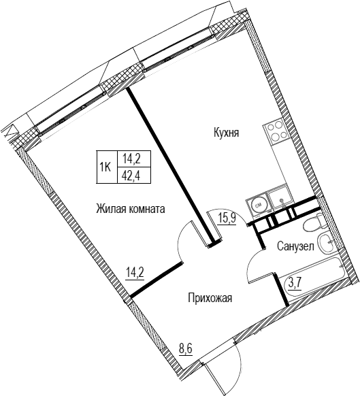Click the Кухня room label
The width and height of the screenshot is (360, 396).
point(226,133)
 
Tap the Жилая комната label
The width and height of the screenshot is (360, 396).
point(131,209)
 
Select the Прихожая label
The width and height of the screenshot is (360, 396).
point(210,299)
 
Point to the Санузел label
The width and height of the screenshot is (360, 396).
point(295,246)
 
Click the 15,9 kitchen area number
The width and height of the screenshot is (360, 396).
point(227,218)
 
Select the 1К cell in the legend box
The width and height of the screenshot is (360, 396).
point(106,167)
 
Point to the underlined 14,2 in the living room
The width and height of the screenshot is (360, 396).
point(135,274)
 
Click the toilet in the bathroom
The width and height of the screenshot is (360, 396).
point(313,222)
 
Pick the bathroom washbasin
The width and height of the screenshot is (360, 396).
point(327,242)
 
